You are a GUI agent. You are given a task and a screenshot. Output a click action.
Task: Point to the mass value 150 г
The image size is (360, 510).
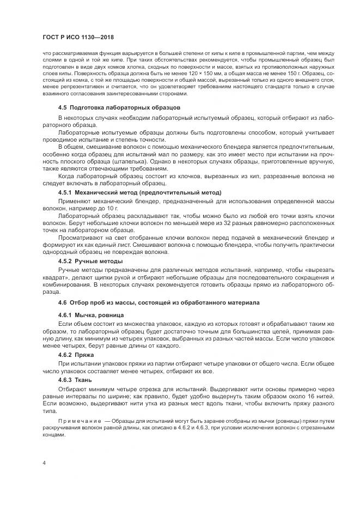click(308, 72)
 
